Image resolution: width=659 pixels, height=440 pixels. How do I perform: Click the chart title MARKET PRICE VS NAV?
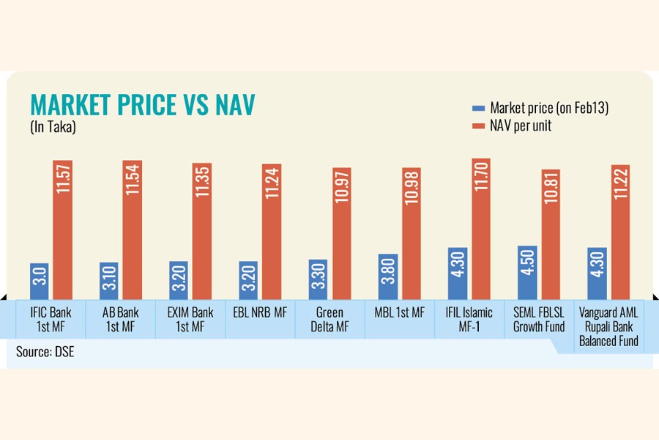coord(142,105)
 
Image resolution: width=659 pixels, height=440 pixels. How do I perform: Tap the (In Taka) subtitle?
coord(53,126)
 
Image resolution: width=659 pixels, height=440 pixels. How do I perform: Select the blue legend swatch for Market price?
coord(479,108)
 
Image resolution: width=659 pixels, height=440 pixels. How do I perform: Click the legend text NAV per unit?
coord(521,126)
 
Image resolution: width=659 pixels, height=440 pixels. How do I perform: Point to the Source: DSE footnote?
coord(45,352)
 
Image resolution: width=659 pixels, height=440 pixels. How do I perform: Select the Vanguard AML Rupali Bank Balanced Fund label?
coord(608,326)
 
